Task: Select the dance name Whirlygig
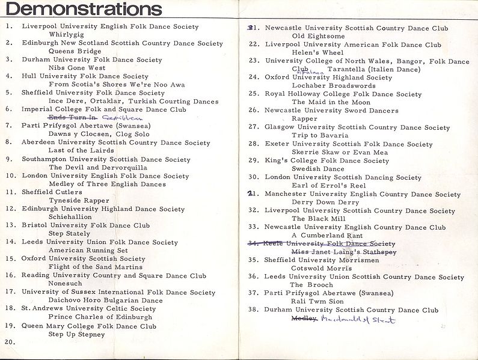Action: point(67,35)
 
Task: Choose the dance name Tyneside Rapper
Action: point(79,200)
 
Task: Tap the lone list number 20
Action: point(8,342)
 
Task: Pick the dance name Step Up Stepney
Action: point(76,334)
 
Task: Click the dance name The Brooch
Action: point(311,285)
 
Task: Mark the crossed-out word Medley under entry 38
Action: point(304,319)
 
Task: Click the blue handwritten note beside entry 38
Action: point(358,319)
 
